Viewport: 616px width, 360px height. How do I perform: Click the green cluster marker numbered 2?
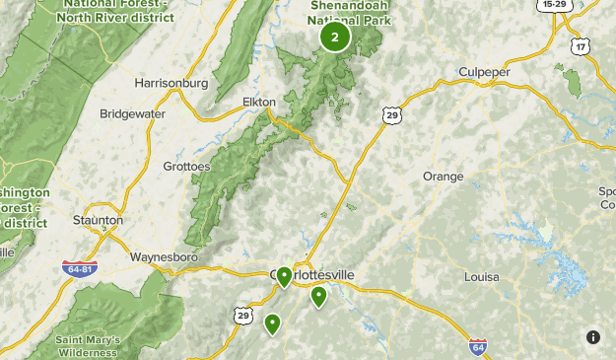point(335,37)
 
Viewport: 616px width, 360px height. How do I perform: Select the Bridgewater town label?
point(133,113)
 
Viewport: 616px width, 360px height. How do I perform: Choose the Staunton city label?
point(99,219)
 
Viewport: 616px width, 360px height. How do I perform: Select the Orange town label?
point(443,176)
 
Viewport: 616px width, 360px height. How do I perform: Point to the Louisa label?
point(481,277)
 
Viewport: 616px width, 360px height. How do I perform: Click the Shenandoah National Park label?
point(349,11)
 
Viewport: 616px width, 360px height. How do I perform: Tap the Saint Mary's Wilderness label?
point(89,346)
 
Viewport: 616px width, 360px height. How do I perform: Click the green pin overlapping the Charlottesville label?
point(284,276)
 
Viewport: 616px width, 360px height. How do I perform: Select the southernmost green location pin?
point(272,323)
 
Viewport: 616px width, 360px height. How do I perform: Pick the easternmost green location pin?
point(318,296)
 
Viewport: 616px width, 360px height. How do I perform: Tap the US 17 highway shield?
point(582,46)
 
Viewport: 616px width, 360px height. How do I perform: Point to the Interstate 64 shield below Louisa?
point(477,346)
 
